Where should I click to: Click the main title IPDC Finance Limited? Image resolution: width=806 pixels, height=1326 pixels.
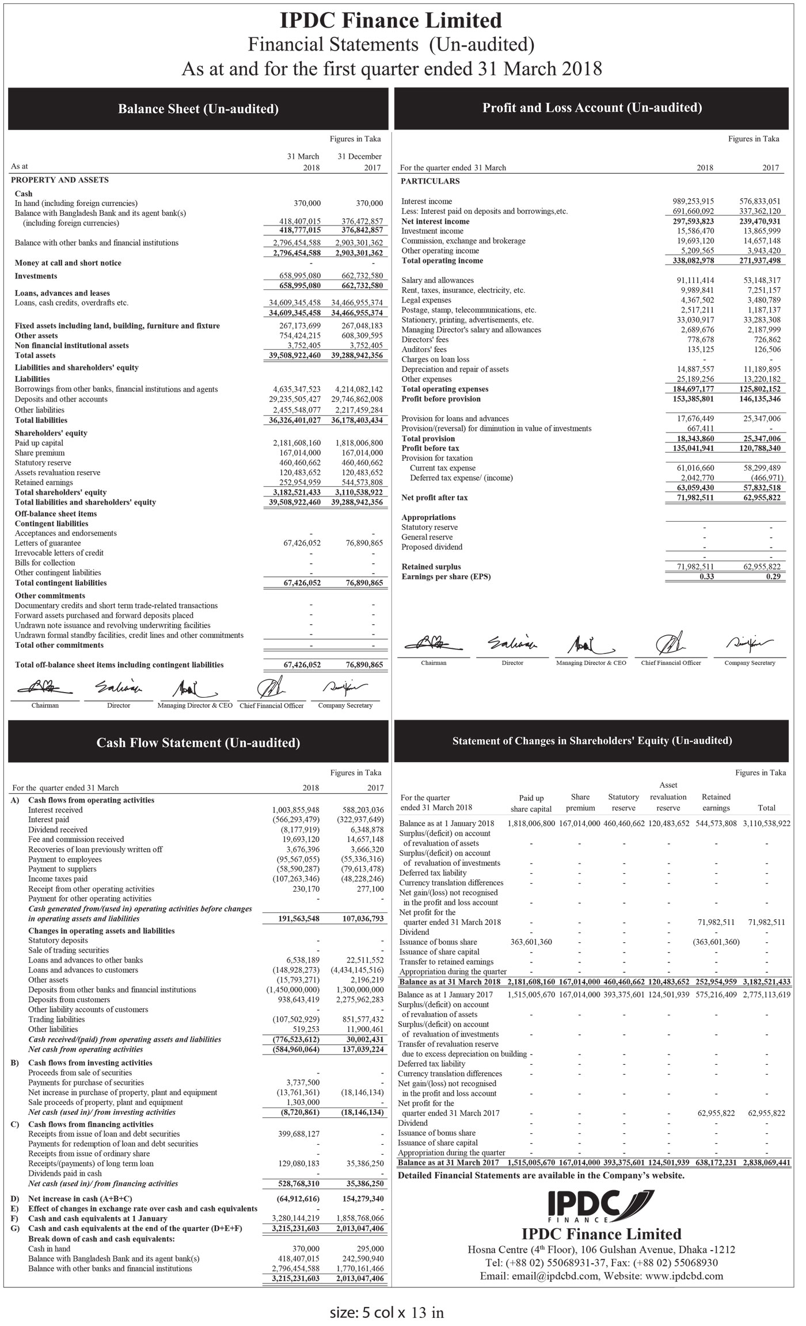pyautogui.click(x=391, y=21)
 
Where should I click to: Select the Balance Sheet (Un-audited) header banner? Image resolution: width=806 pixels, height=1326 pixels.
pyautogui.click(x=198, y=109)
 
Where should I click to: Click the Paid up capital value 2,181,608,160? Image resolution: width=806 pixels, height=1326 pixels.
pyautogui.click(x=296, y=443)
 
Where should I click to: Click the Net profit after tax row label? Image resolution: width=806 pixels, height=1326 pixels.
pyautogui.click(x=435, y=498)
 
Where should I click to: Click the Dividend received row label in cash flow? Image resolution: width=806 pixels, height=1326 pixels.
pyautogui.click(x=58, y=830)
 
